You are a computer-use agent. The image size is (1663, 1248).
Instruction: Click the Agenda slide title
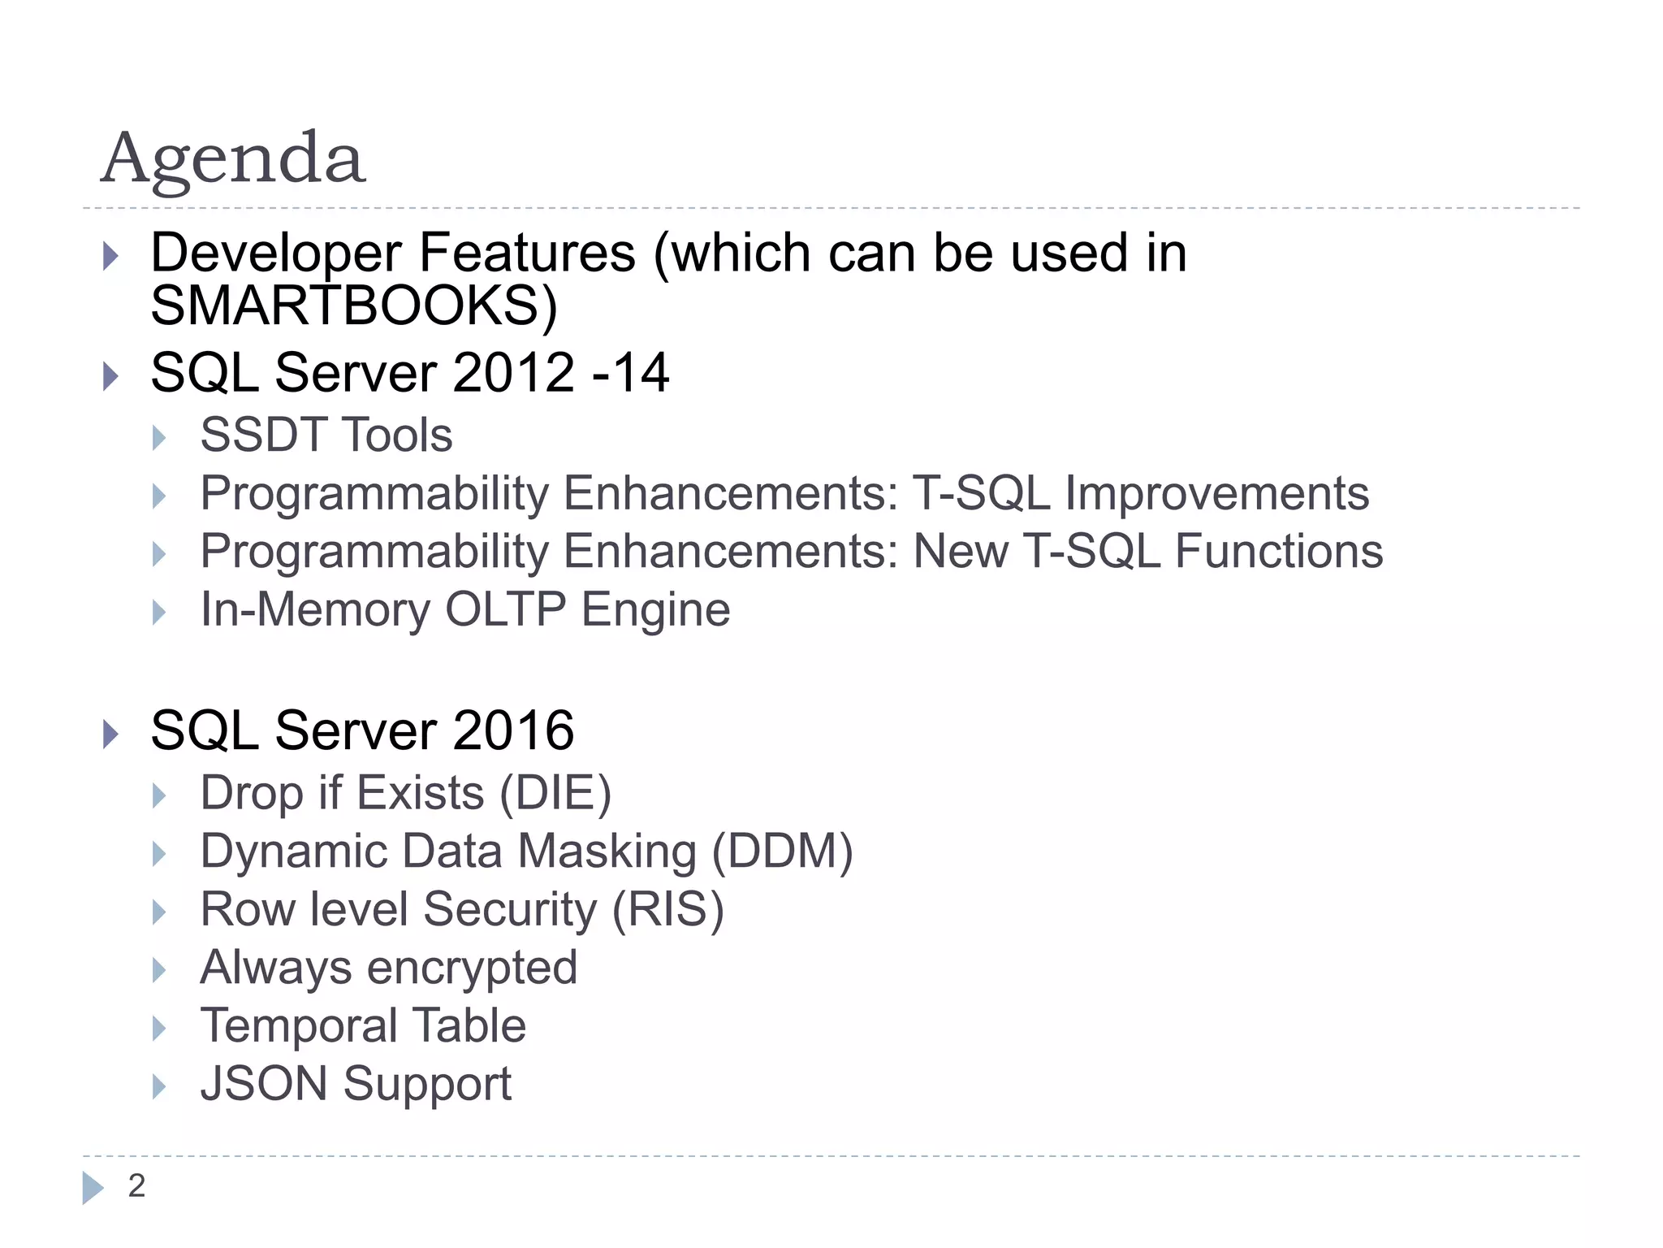(233, 158)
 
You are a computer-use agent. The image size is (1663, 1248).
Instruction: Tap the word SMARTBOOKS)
(354, 305)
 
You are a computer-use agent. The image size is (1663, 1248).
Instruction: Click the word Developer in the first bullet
(276, 253)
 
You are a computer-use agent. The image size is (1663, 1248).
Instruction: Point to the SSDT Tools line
(326, 435)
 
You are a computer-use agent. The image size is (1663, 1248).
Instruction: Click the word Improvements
(1216, 493)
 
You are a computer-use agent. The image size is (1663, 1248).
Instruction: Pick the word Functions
(1279, 552)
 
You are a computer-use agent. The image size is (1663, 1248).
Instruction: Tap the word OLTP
(505, 609)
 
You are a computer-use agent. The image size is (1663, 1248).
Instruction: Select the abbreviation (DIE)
(555, 793)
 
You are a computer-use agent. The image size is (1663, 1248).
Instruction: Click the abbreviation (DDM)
(782, 851)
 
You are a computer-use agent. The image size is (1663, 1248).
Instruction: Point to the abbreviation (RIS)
(667, 909)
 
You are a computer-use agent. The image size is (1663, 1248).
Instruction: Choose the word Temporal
(297, 1025)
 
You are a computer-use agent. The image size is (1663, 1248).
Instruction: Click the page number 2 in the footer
(136, 1186)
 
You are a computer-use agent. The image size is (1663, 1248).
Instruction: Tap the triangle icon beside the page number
(93, 1188)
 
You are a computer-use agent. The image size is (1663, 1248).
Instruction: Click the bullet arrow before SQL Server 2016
(111, 734)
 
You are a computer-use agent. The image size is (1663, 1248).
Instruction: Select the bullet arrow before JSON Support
(159, 1087)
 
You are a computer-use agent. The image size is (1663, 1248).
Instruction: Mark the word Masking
(607, 851)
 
